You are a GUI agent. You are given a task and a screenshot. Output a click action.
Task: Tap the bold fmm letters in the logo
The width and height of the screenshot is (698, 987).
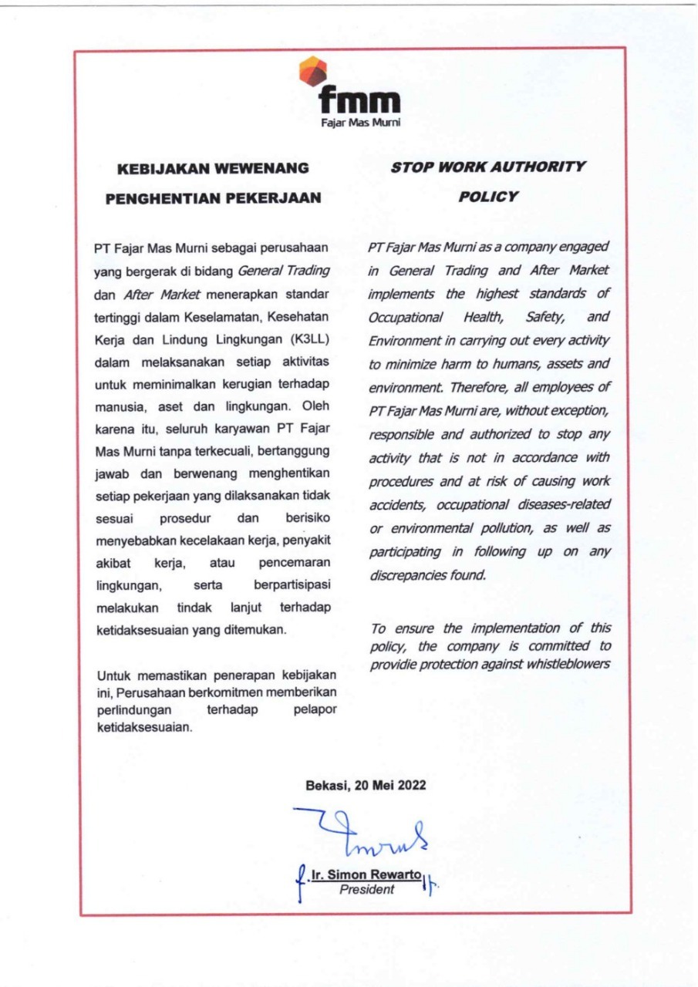(360, 103)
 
